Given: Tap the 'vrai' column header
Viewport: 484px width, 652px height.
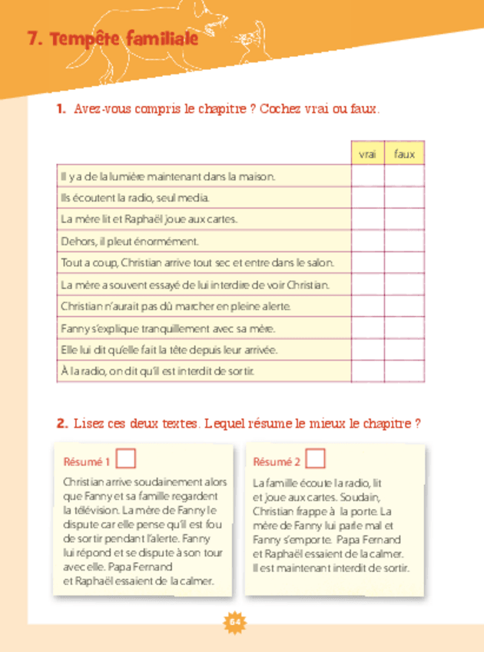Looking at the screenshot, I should point(367,155).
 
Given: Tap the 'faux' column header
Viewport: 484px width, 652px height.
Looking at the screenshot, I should point(404,155).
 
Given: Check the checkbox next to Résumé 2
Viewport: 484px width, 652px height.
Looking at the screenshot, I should point(315,459).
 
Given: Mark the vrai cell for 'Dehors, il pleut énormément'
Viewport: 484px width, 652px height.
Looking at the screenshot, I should point(367,241).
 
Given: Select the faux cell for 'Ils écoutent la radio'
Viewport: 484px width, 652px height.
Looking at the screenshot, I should point(404,198).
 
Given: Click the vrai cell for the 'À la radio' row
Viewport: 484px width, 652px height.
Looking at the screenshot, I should point(367,371).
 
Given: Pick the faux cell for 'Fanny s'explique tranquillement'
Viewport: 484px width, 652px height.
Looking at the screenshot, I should point(404,328).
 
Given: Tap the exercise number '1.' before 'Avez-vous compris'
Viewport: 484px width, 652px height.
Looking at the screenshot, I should point(62,110).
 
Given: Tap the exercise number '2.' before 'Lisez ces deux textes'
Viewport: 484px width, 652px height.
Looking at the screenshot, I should point(62,424).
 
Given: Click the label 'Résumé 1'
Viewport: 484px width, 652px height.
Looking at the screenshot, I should point(87,462).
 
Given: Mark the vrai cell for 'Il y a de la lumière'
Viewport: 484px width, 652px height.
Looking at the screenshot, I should point(367,176).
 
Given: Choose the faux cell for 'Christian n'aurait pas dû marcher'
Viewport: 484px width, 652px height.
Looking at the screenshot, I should point(404,306).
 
